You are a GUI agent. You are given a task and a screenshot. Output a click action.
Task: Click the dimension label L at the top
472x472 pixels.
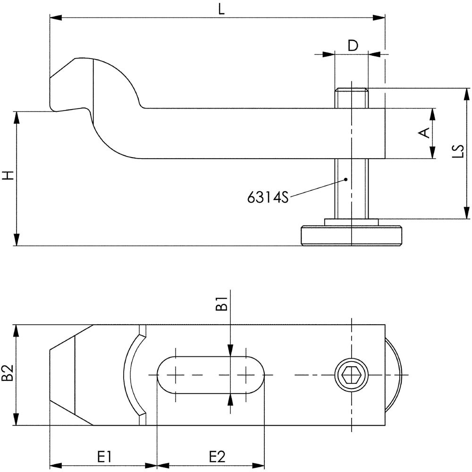tap(221, 9)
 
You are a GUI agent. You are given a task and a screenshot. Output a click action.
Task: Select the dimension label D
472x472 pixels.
tap(353, 46)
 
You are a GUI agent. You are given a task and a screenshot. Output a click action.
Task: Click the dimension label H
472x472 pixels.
tap(8, 176)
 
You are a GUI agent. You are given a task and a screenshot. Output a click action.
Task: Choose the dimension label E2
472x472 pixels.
tap(217, 457)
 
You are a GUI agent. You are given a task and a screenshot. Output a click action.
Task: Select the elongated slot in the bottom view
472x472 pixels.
tap(210, 375)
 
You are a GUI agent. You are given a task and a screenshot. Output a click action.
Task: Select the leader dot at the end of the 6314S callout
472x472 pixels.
tap(346, 179)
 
